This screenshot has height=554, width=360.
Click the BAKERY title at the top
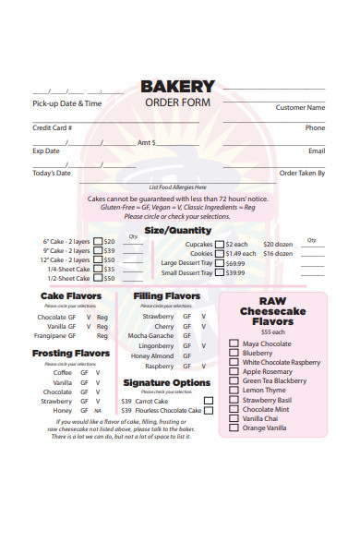177,87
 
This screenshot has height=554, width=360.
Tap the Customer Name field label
300,108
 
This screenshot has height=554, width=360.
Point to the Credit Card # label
52,127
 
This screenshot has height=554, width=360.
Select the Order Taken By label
302,173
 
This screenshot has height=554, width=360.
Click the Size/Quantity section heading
178,230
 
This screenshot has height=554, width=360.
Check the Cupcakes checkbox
219,245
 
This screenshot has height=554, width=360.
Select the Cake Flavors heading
71,295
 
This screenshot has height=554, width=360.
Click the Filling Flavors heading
167,295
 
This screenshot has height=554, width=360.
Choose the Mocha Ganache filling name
150,336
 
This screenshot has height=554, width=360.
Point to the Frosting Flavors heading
71,353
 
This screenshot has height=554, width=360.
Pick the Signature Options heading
166,382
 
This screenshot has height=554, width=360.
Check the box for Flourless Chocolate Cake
209,411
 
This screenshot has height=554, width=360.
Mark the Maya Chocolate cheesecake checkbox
234,344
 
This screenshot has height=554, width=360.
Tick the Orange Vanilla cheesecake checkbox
234,428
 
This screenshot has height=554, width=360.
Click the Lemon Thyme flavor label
264,391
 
